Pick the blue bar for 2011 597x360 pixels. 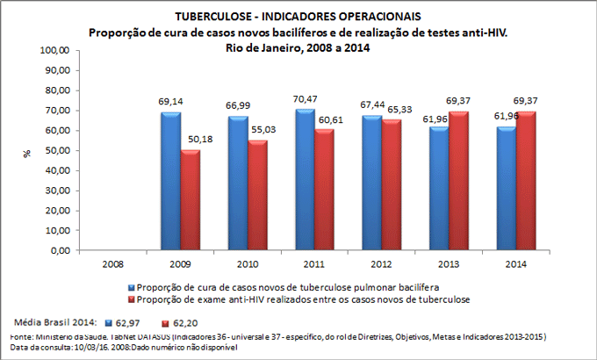click(305, 179)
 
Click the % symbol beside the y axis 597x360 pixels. click(27, 151)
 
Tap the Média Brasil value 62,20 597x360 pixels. click(194, 322)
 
